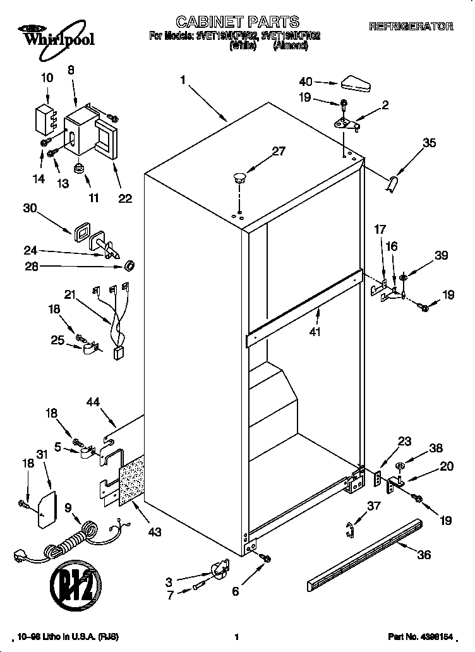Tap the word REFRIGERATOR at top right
[411, 27]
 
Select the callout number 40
[306, 81]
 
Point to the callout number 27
[279, 151]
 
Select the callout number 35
[429, 143]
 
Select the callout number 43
[153, 532]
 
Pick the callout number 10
[47, 78]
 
